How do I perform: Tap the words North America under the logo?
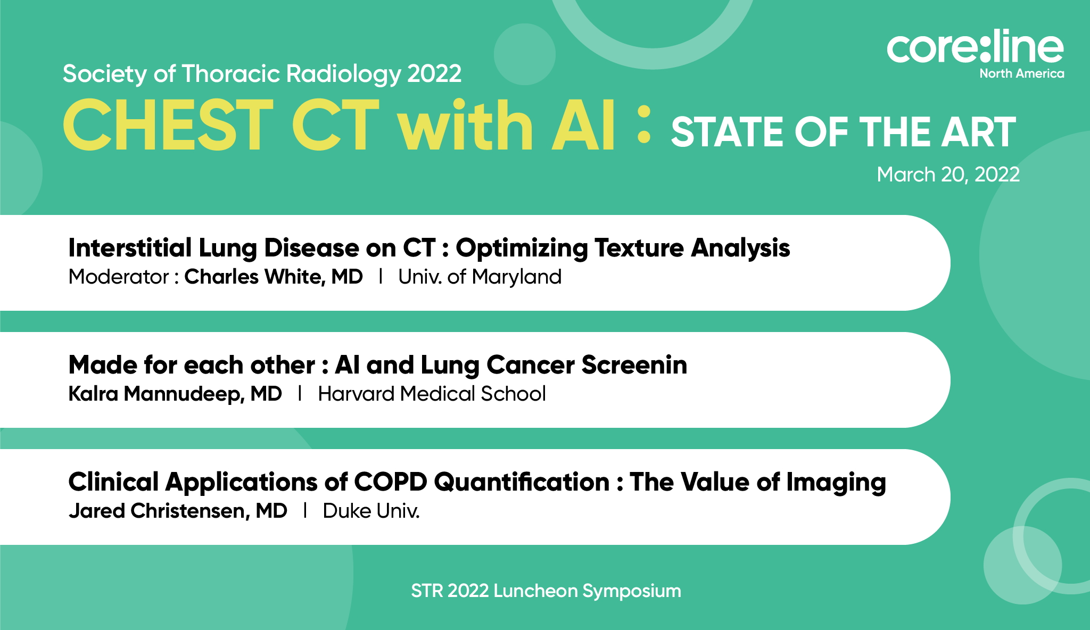tap(1022, 73)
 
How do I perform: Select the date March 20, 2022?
tap(948, 175)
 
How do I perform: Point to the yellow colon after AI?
tap(644, 125)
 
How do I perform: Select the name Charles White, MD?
tap(274, 277)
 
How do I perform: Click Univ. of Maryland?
tap(480, 277)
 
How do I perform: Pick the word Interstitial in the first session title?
tap(130, 248)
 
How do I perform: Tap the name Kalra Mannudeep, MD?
tap(175, 394)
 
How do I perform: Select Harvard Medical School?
tap(432, 394)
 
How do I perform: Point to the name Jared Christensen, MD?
tap(178, 511)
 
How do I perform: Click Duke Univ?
tap(371, 511)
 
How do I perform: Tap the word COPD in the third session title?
tap(391, 482)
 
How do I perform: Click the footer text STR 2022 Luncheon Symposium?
tap(546, 591)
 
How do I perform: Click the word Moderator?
tap(119, 277)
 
